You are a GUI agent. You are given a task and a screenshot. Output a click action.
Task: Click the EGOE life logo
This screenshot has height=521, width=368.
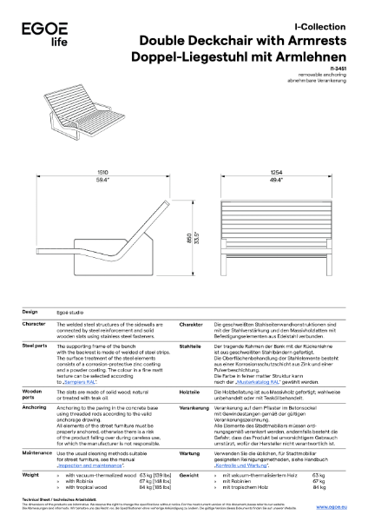[x=35, y=33]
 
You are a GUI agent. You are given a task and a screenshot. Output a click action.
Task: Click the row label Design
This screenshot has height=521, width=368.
[x=30, y=311]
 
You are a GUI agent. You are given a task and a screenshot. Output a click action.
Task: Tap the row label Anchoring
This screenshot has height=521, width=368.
[x=34, y=406]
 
